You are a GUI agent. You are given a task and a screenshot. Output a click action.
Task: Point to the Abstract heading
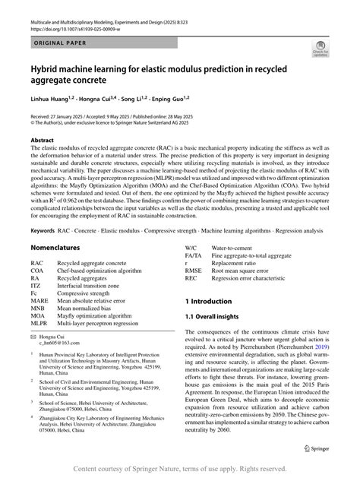pos(41,141)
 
